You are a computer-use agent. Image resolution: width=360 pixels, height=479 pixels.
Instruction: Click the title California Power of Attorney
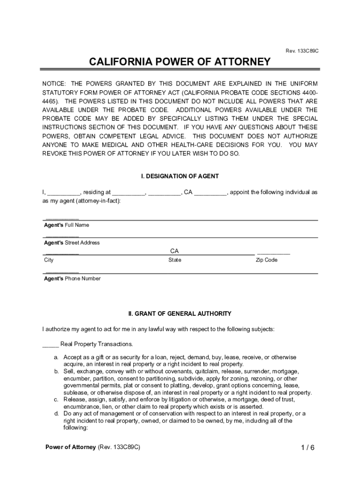coord(180,62)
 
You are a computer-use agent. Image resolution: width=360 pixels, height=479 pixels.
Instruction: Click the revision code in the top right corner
coord(302,50)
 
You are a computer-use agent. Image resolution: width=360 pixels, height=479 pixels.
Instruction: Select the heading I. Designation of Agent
coord(180,176)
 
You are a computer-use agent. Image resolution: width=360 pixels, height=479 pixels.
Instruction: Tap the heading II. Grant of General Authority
coord(180,313)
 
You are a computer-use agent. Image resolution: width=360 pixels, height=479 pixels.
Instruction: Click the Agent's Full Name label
coord(66,225)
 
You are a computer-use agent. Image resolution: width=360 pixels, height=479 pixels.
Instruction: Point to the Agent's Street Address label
coord(72,243)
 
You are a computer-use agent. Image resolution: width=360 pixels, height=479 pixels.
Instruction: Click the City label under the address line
coord(49,260)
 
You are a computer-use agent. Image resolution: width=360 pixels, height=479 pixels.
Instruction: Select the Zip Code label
coord(266,260)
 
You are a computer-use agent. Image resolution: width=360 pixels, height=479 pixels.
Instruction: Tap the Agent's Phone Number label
coord(72,278)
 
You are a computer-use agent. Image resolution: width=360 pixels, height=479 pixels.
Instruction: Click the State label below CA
coord(175,260)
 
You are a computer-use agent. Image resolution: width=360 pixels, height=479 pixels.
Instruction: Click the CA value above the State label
coord(174,251)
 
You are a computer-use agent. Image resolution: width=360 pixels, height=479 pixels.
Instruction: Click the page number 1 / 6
coord(308,448)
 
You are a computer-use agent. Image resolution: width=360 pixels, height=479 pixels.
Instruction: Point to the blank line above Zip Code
coord(274,253)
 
